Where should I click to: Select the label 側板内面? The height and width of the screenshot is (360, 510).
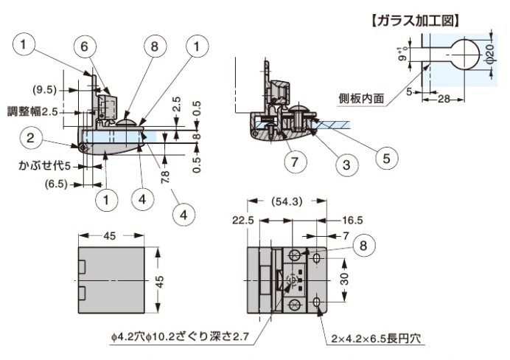[x=360, y=97]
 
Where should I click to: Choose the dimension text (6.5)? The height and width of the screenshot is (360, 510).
[x=57, y=182]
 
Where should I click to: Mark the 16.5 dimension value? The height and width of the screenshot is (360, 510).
[x=352, y=220]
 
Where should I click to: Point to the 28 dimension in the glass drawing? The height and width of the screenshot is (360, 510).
[x=441, y=98]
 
